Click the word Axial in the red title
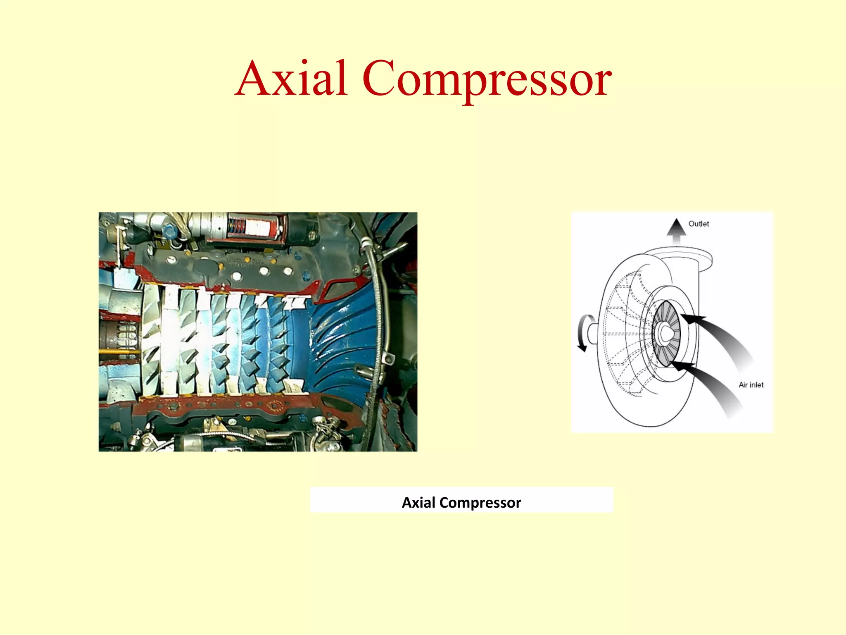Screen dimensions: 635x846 292,79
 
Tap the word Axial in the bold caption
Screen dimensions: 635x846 418,502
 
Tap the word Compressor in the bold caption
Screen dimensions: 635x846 480,502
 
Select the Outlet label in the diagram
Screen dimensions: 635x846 699,224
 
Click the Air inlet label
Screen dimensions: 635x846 751,385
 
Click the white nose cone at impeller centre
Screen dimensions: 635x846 666,333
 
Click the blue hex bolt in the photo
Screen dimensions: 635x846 169,230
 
